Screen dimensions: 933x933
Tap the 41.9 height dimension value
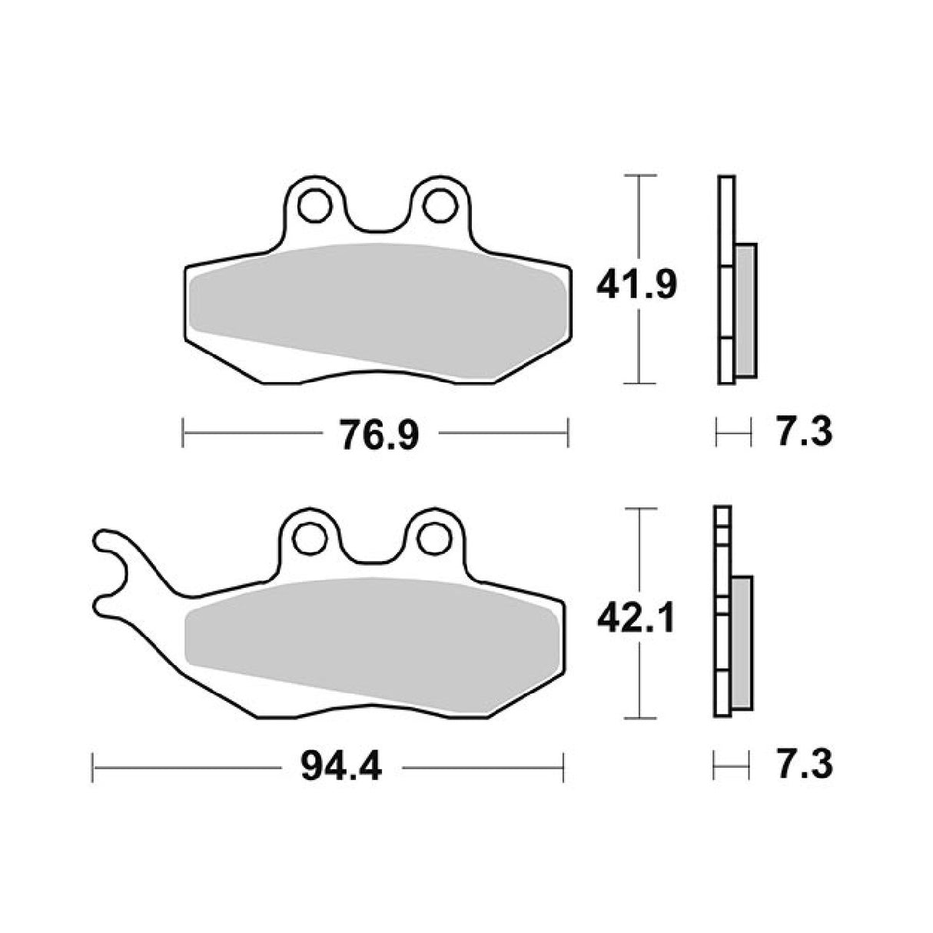point(637,285)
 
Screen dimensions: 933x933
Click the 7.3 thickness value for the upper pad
point(804,433)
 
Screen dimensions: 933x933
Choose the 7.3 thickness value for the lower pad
point(804,766)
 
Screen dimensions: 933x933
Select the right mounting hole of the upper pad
point(437,205)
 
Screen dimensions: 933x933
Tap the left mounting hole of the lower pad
point(310,537)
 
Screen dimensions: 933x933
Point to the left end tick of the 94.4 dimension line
point(93,768)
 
